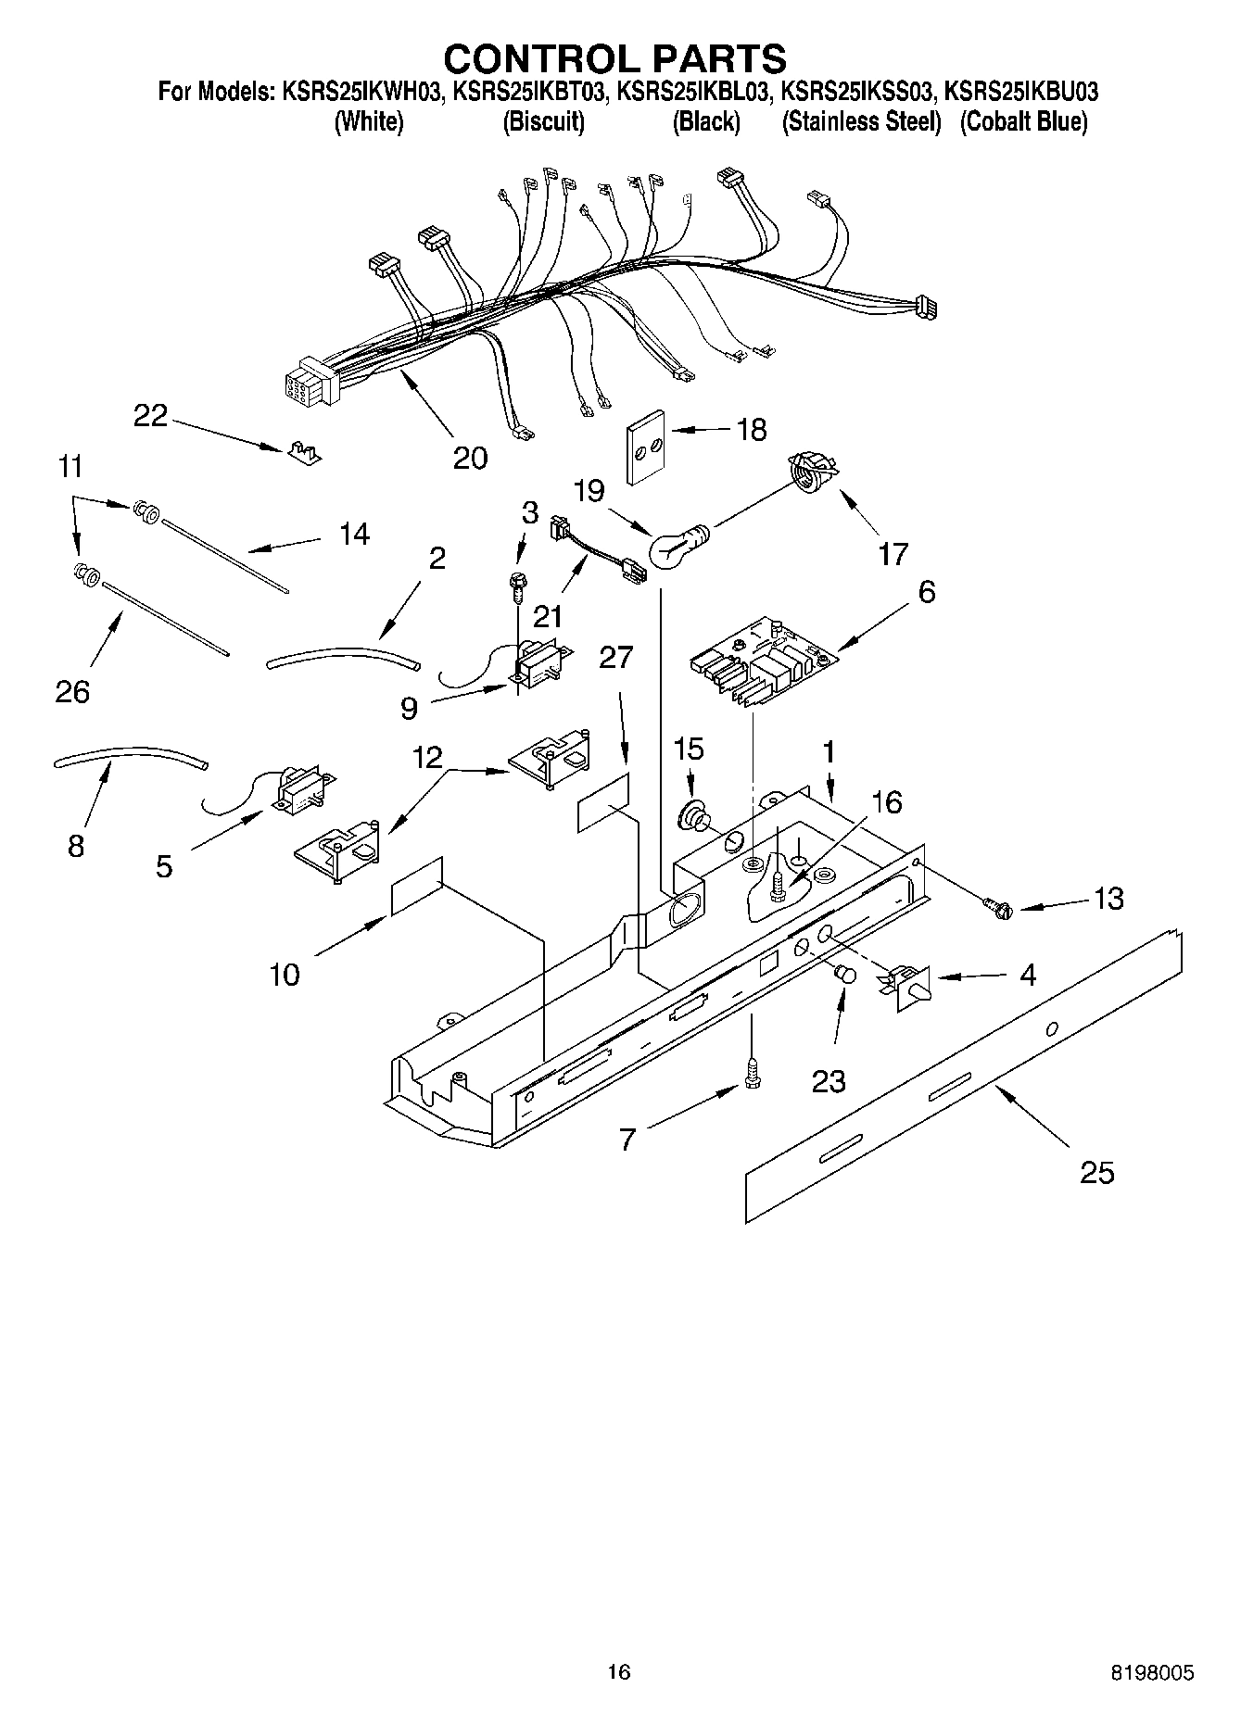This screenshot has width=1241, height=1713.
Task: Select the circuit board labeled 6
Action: pyautogui.click(x=762, y=664)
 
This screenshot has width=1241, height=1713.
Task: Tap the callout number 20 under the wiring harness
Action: pyautogui.click(x=471, y=458)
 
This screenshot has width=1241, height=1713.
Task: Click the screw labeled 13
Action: pyautogui.click(x=999, y=909)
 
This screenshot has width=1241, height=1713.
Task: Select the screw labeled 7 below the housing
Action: pyautogui.click(x=752, y=1075)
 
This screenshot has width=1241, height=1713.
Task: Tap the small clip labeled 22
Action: pyautogui.click(x=301, y=451)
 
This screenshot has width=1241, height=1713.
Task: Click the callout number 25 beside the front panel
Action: pyautogui.click(x=1096, y=1173)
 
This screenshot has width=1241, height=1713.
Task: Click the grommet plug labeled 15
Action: pyautogui.click(x=693, y=815)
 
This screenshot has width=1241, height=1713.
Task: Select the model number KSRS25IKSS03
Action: pyautogui.click(x=856, y=93)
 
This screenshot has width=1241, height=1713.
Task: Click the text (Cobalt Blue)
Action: pyautogui.click(x=1023, y=121)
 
